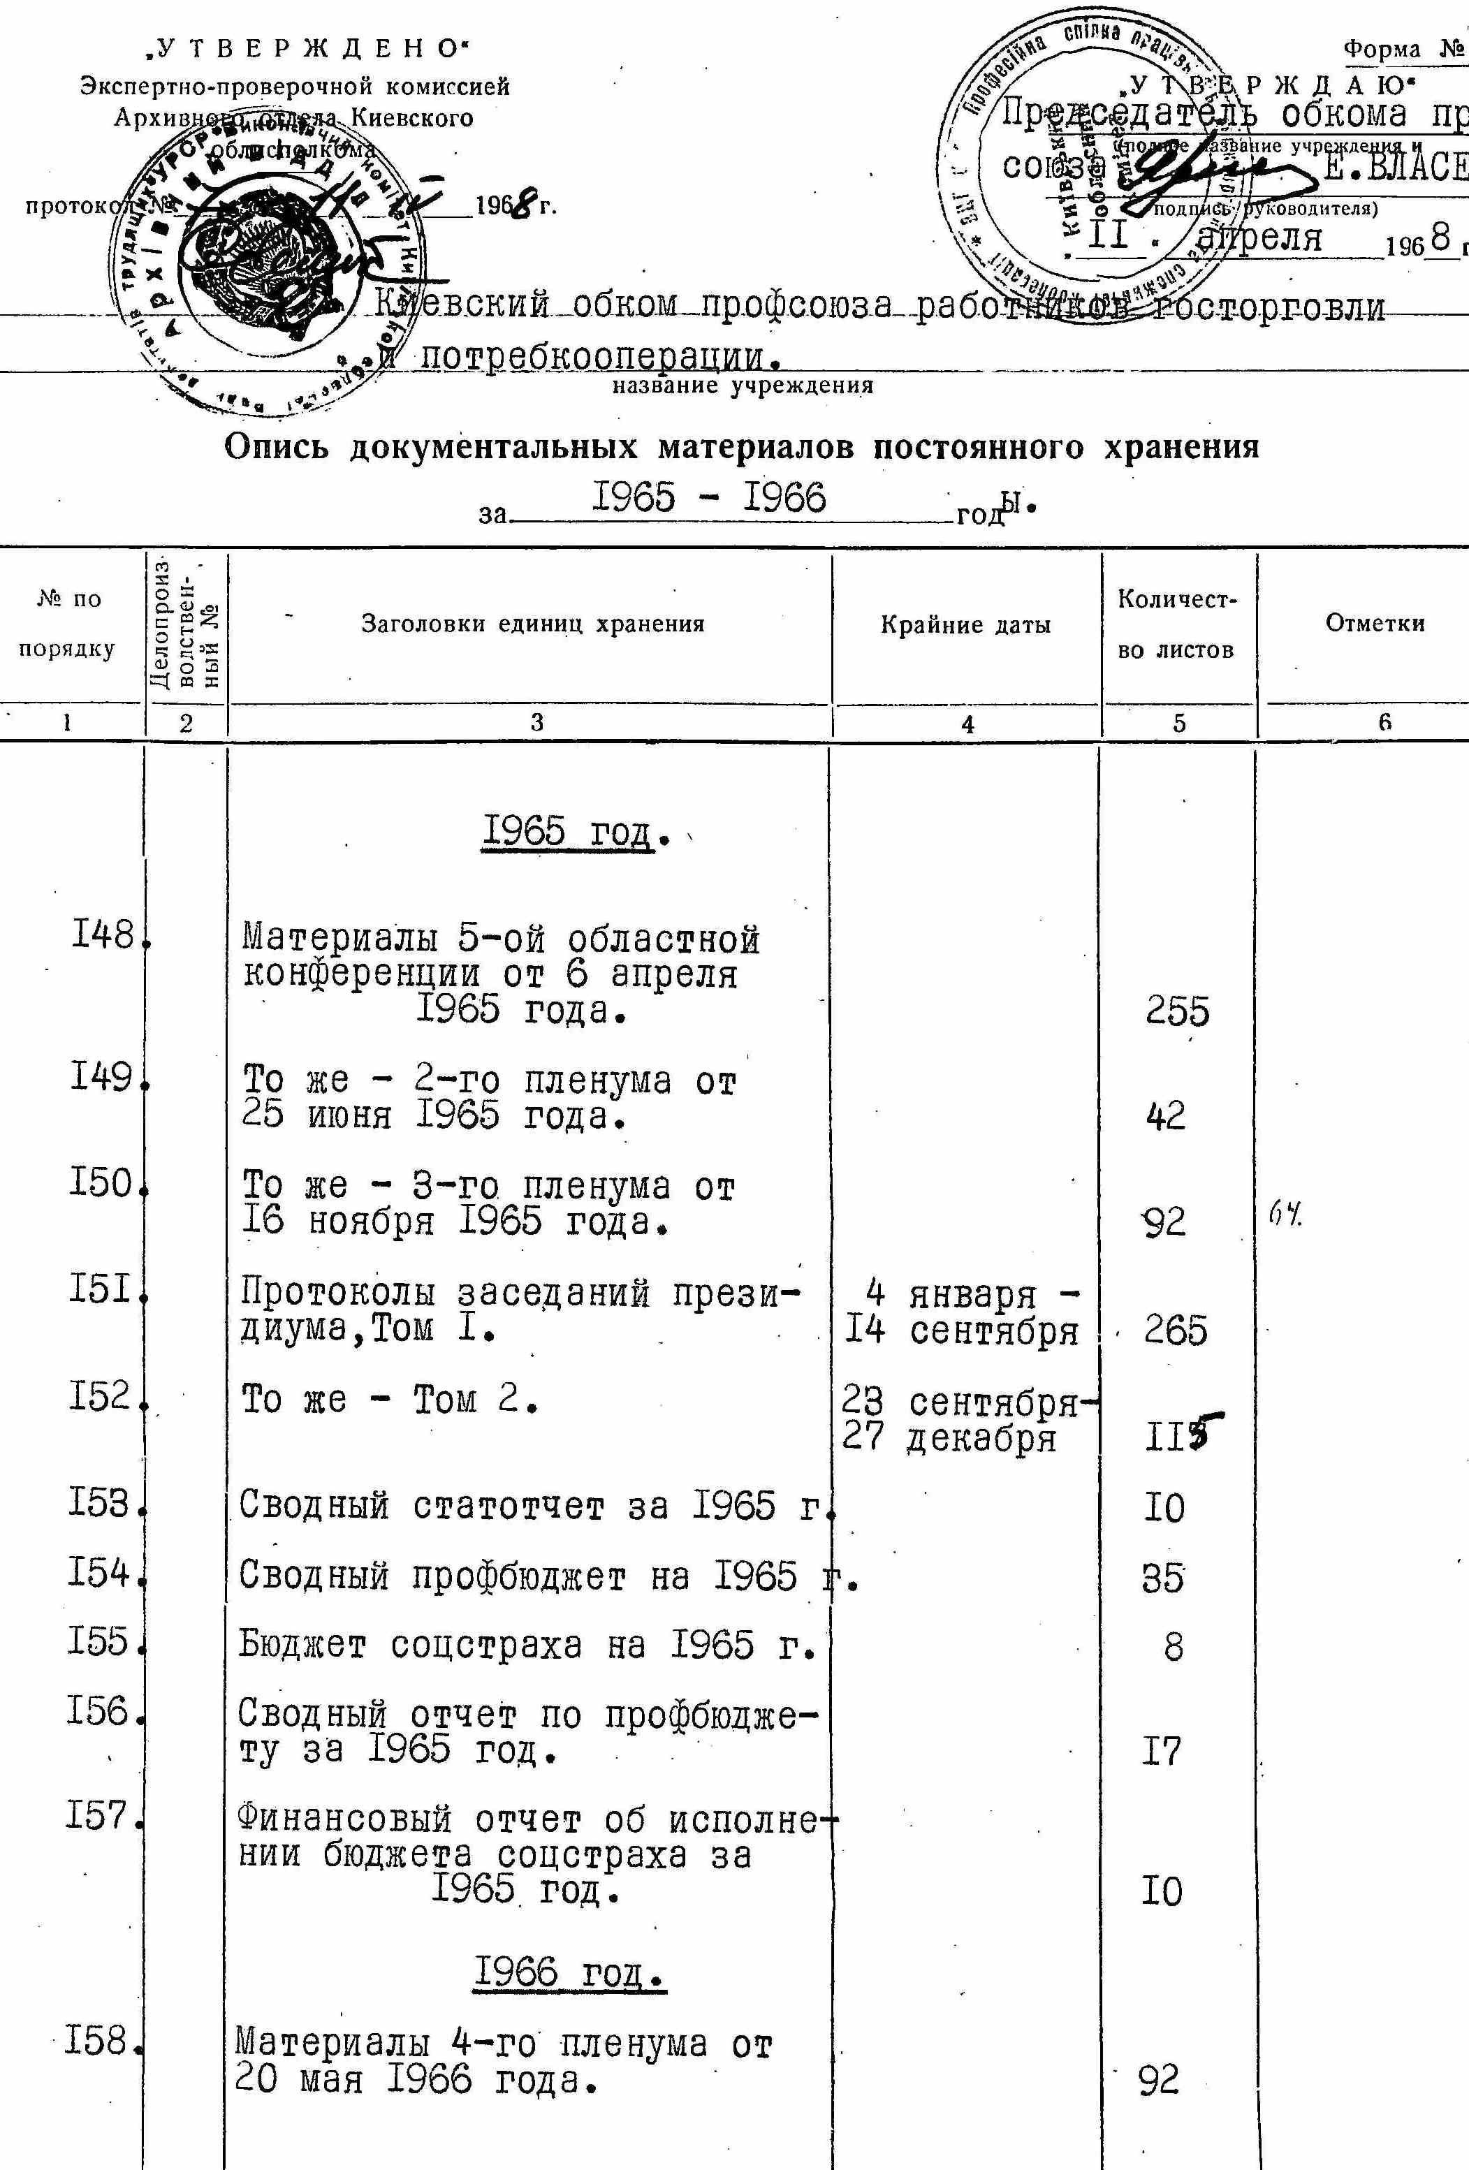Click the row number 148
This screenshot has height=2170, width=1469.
103,934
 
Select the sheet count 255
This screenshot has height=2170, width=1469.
1178,1011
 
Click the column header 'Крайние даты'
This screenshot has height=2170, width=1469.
965,624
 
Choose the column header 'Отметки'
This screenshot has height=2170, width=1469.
1375,624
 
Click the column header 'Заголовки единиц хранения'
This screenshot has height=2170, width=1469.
532,624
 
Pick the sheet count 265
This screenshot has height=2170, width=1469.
1176,1330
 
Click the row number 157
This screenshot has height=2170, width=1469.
97,1816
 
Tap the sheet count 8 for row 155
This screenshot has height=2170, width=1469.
1173,1647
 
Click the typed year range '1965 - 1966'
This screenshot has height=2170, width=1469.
710,498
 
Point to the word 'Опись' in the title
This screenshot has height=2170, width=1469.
277,447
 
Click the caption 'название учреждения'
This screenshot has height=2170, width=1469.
743,386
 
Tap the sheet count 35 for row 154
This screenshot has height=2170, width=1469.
1162,1577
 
